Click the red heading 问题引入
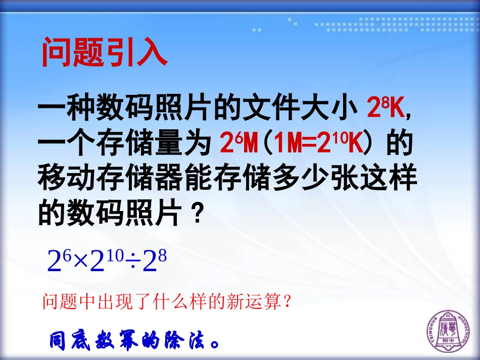(104, 52)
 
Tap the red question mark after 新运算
(287, 302)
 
